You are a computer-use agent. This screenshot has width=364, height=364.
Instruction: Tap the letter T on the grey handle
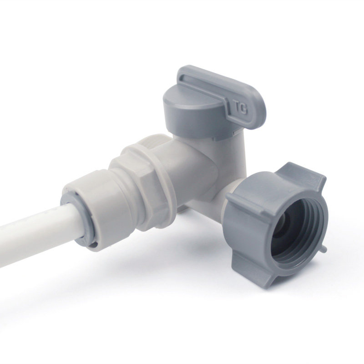pos(237,107)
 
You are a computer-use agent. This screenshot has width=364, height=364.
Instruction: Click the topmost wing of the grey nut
pos(304,173)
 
